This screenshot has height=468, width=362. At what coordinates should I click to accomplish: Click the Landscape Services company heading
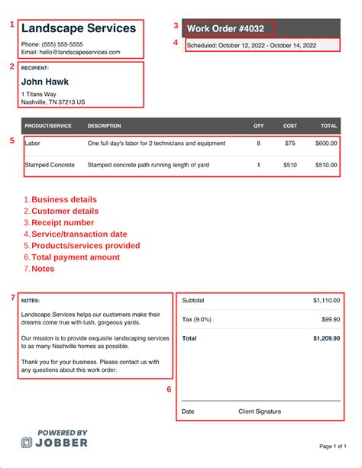click(79, 28)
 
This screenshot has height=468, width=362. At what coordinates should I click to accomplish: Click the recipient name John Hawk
click(45, 82)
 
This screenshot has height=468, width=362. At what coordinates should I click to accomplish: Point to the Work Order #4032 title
click(226, 29)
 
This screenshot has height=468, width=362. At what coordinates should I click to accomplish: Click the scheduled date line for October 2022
click(251, 46)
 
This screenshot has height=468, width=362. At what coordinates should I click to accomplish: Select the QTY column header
click(258, 125)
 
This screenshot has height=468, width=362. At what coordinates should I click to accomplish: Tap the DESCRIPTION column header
click(104, 125)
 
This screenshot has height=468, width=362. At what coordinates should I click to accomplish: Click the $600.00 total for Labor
click(326, 143)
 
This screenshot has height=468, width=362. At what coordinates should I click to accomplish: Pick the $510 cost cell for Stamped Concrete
click(289, 164)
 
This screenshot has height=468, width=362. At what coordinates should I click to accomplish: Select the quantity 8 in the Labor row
click(258, 143)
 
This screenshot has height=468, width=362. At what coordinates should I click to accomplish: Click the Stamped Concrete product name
click(50, 164)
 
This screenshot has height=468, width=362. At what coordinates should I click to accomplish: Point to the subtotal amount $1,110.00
click(327, 301)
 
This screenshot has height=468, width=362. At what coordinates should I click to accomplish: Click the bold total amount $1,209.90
click(327, 337)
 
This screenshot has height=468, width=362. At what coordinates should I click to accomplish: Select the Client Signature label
click(260, 412)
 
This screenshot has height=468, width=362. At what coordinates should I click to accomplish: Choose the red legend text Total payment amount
click(76, 257)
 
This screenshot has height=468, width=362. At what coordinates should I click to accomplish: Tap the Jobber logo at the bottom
click(55, 438)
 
